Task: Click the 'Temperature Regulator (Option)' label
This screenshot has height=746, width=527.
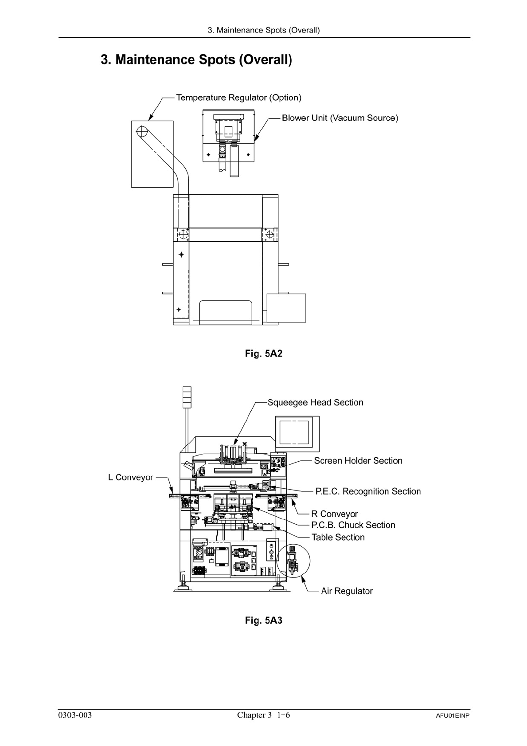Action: click(238, 98)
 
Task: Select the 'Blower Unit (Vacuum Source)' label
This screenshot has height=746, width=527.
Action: click(340, 118)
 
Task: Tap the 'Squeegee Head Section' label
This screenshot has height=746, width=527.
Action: click(315, 403)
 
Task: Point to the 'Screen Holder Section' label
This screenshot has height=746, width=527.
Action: click(358, 461)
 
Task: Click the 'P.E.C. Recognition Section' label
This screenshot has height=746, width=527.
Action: click(368, 491)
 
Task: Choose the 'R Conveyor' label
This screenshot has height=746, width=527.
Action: click(335, 514)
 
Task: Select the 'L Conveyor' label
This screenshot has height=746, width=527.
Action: click(131, 478)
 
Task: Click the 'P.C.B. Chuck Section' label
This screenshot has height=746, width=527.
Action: click(353, 525)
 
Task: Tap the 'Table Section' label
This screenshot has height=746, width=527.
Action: click(338, 538)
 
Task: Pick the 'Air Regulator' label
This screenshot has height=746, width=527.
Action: click(347, 591)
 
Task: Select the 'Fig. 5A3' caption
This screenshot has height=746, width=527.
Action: click(264, 620)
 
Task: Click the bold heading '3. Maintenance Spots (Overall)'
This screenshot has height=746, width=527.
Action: click(196, 59)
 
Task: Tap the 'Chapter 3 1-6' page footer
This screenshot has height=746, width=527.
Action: click(263, 715)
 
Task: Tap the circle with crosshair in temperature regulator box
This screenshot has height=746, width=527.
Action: click(142, 132)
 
